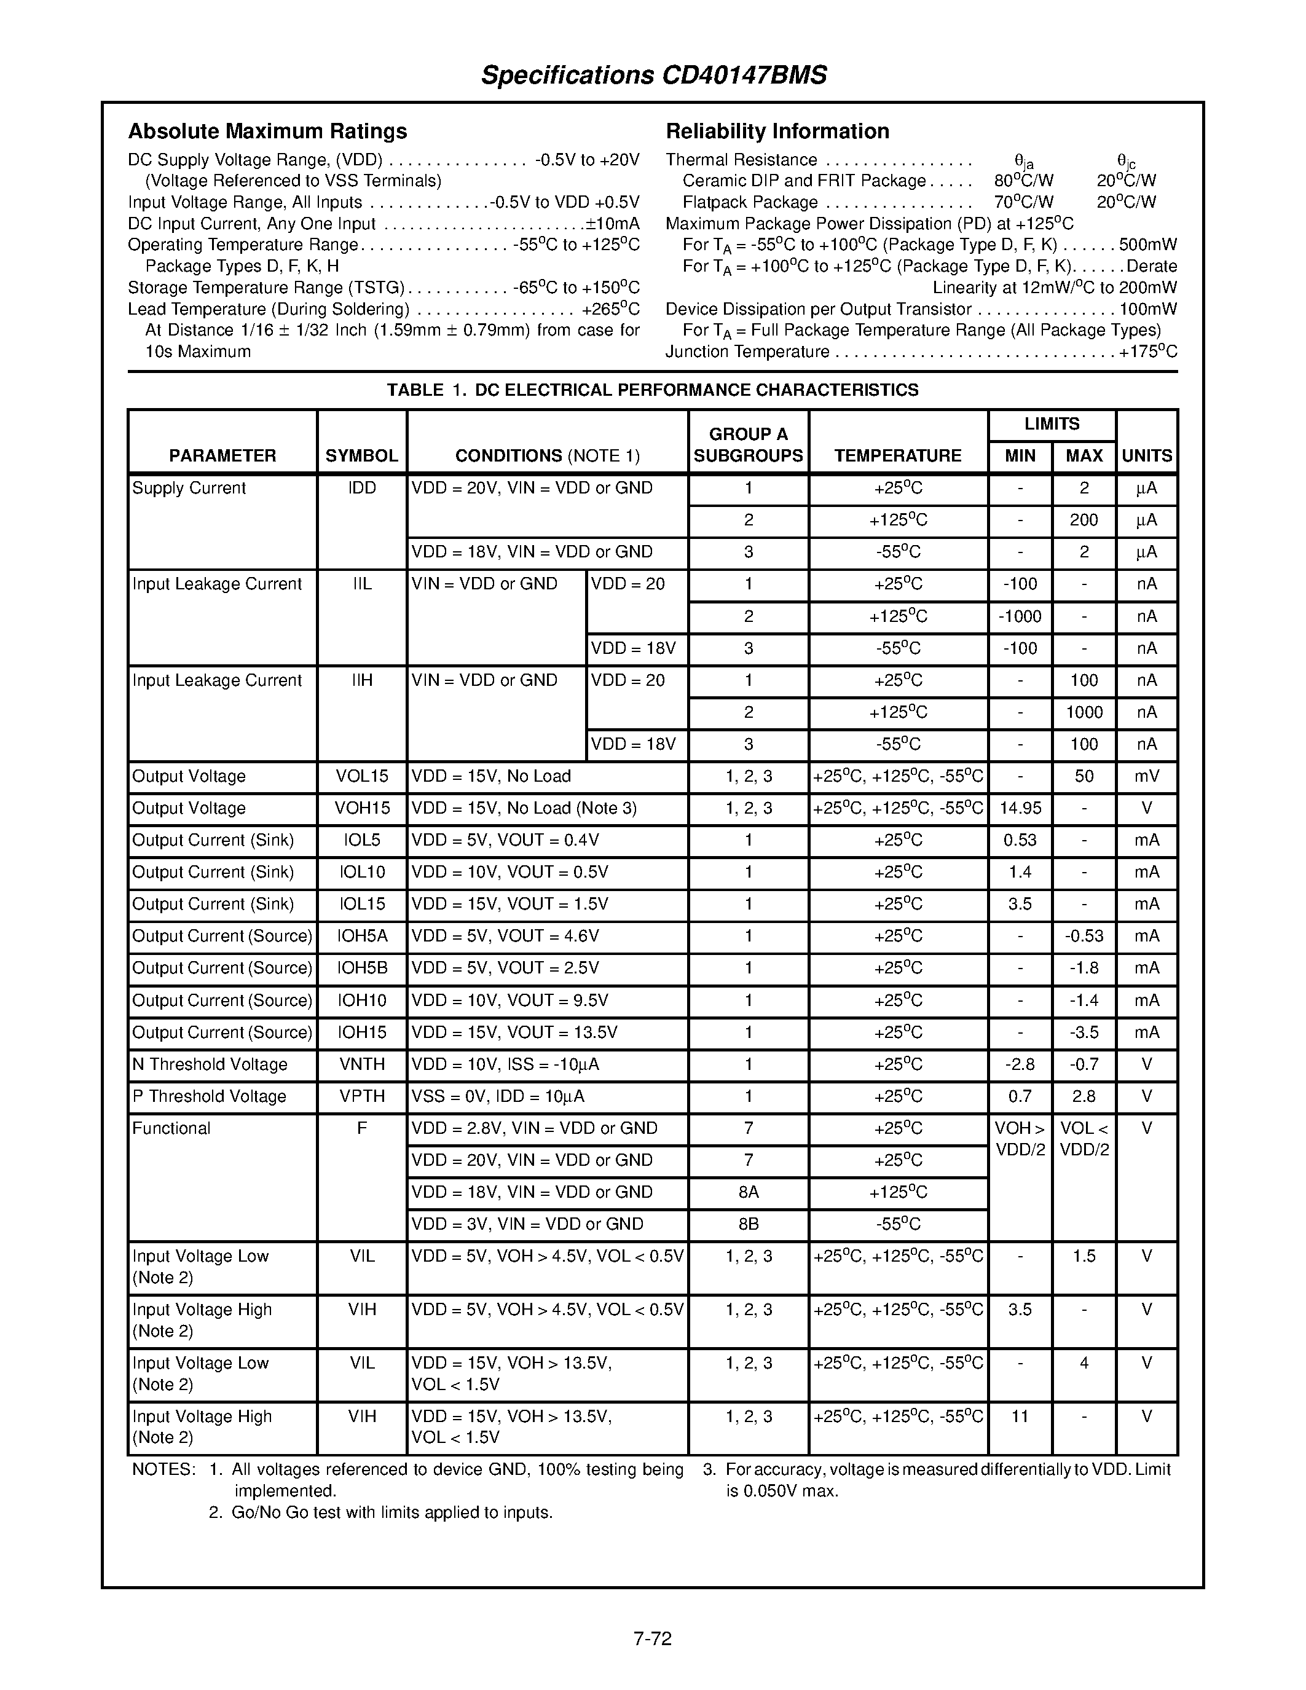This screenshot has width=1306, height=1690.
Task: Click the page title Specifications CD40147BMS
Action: (x=654, y=75)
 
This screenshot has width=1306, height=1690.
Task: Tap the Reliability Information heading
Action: (x=777, y=131)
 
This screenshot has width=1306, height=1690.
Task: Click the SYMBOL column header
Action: (x=361, y=456)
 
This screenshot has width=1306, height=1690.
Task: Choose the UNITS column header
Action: (x=1147, y=456)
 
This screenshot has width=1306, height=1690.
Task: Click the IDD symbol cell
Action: (x=361, y=489)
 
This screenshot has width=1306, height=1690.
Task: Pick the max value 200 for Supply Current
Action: (x=1083, y=520)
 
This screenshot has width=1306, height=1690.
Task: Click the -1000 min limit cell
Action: (x=1020, y=617)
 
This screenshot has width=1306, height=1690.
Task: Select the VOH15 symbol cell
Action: (x=361, y=809)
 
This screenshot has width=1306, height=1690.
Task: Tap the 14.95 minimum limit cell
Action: (x=1020, y=809)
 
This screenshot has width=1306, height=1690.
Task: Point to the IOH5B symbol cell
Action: (x=361, y=968)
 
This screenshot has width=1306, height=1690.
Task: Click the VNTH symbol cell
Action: (x=361, y=1065)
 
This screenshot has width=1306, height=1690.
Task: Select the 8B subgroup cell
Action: (x=748, y=1224)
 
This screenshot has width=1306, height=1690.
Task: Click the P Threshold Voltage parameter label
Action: (x=209, y=1096)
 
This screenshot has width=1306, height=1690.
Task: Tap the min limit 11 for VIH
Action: (x=1020, y=1417)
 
